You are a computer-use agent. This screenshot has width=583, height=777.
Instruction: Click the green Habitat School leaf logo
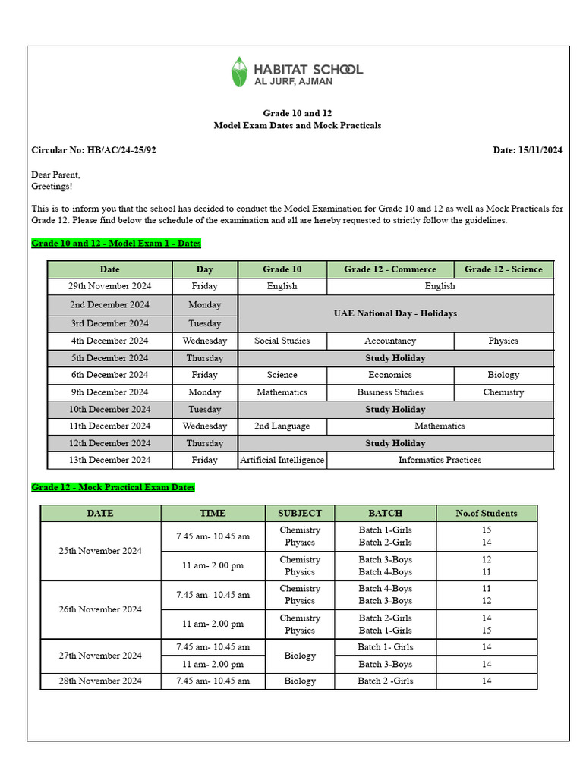pos(240,71)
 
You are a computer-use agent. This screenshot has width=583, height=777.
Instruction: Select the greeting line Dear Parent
pos(55,175)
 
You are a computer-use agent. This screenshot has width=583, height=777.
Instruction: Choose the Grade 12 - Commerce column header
pos(390,269)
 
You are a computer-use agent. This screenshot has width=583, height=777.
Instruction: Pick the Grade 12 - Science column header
pos(503,269)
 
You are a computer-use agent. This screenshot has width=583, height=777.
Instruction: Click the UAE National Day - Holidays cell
pos(395,313)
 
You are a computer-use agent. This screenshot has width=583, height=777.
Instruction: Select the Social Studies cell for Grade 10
pos(282,341)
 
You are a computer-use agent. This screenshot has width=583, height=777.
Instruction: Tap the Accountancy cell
pos(390,341)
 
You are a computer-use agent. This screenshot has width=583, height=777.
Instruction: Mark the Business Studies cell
pos(390,392)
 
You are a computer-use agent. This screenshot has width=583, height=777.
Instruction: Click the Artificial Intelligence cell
pos(282,460)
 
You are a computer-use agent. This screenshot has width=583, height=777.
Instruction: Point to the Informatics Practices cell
pos(440,460)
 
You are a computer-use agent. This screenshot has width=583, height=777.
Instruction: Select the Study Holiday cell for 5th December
pos(395,358)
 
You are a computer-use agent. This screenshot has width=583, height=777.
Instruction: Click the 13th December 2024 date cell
pos(110,460)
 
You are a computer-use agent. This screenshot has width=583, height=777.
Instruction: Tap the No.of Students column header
pos(486,514)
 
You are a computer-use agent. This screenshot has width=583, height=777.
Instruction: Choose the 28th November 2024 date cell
pos(100,681)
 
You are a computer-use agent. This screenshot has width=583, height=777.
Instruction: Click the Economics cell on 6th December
pos(390,375)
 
